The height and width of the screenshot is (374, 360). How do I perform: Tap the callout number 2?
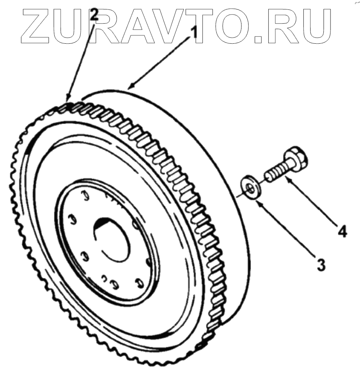click(x=94, y=15)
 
